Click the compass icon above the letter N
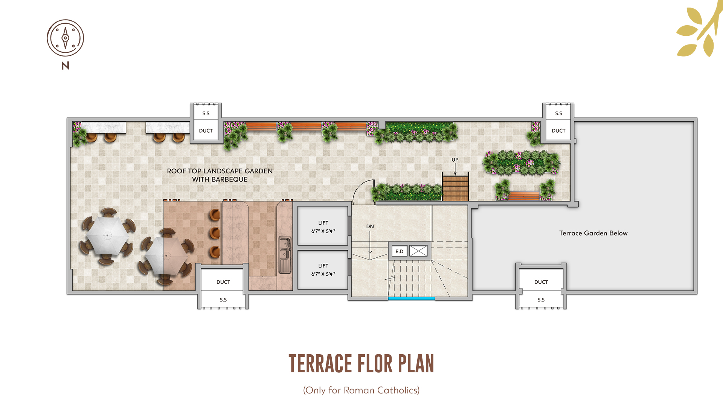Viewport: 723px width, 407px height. (x=65, y=38)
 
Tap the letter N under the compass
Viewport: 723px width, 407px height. (x=65, y=66)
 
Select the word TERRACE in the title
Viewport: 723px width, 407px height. (x=320, y=364)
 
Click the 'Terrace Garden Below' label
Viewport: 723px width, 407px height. (x=593, y=233)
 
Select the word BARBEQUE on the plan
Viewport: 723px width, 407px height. (x=229, y=179)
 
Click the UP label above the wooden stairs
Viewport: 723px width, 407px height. (x=455, y=160)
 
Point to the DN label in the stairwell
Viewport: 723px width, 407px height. (x=370, y=226)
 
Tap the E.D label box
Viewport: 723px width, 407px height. (x=399, y=251)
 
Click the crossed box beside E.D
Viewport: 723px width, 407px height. (x=418, y=251)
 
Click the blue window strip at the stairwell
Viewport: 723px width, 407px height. (x=411, y=299)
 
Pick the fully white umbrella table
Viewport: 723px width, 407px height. (x=107, y=236)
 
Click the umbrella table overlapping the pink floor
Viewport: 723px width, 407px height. (x=166, y=256)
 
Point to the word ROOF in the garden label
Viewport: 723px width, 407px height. (x=176, y=171)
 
